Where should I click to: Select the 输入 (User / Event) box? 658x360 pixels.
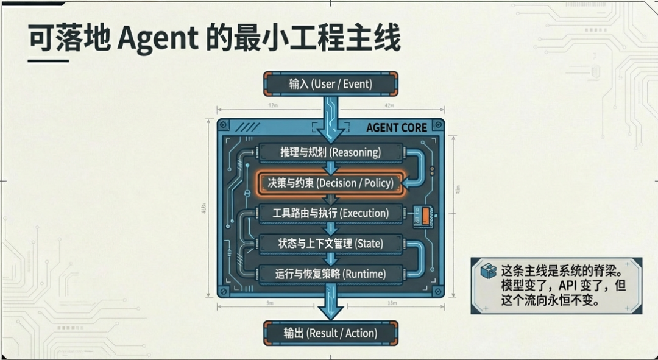point(331,84)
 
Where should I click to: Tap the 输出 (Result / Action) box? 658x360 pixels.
point(331,333)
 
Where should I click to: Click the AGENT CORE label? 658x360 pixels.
point(396,128)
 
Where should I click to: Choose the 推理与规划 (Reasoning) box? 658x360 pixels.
point(331,152)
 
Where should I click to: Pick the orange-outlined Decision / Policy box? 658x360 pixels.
point(331,183)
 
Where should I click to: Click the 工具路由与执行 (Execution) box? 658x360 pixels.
point(331,213)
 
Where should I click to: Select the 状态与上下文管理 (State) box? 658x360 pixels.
point(331,244)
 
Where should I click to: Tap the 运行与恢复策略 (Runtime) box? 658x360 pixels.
point(331,274)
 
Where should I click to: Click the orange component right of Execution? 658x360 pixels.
point(425,214)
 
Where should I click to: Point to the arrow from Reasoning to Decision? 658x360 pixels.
point(331,168)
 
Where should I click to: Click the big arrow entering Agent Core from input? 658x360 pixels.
point(331,119)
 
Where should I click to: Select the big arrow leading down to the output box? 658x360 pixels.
point(331,305)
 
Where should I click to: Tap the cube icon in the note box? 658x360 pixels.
point(488,271)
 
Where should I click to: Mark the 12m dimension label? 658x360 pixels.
point(272,105)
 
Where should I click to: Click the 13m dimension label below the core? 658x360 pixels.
point(392,303)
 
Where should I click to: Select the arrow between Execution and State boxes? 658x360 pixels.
point(331,228)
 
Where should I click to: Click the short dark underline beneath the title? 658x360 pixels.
point(48,61)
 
